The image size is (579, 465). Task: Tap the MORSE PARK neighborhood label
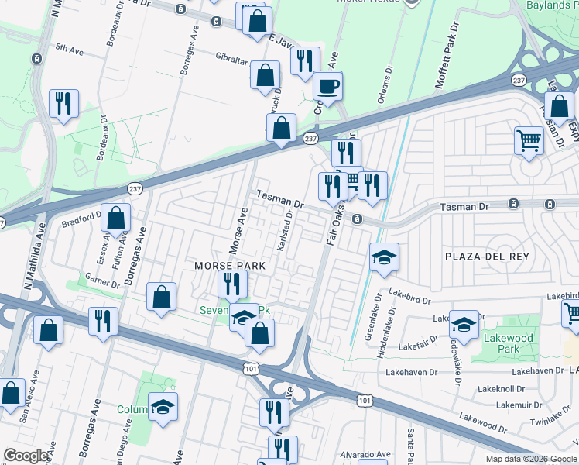tap(229, 266)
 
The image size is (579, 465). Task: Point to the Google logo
tap(26, 456)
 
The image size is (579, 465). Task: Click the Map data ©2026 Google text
tap(530, 459)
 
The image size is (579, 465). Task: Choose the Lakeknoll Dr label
tap(502, 388)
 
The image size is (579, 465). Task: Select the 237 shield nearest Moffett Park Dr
tap(518, 81)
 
